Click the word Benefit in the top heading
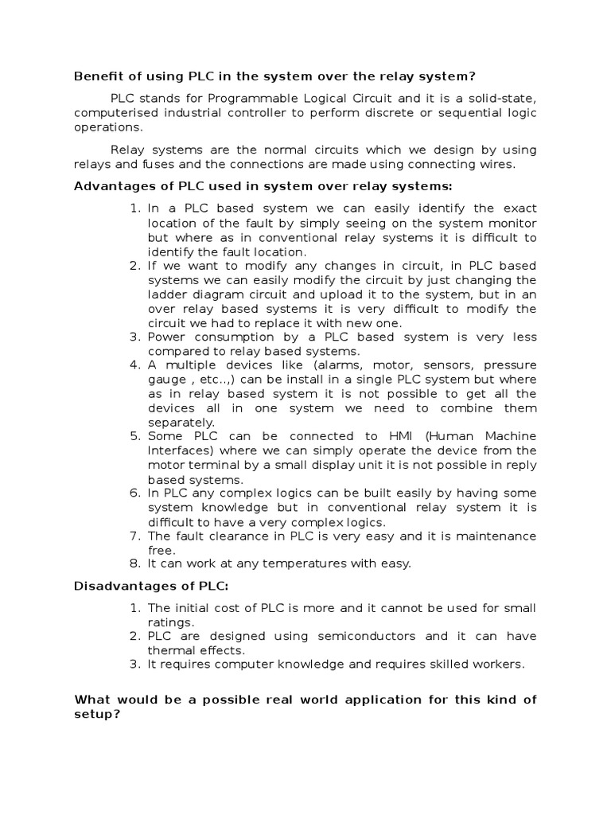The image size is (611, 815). [x=96, y=76]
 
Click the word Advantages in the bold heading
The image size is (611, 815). [x=111, y=186]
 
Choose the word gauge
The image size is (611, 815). [x=165, y=380]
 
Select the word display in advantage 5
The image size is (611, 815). [x=362, y=465]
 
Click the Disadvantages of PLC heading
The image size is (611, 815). [x=151, y=587]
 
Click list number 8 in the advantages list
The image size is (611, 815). [x=134, y=563]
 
